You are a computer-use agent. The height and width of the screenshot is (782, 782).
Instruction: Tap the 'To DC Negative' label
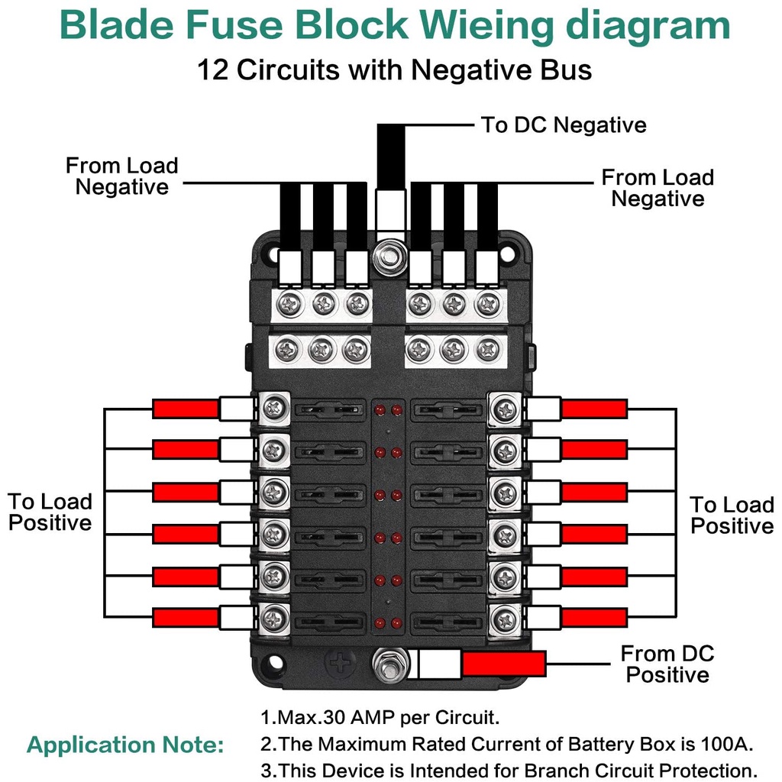[563, 125]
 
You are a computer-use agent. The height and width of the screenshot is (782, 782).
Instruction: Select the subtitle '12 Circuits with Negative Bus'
[394, 70]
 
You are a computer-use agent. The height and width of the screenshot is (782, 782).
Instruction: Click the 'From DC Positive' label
[667, 664]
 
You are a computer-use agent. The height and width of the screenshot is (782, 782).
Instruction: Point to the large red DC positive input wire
[503, 664]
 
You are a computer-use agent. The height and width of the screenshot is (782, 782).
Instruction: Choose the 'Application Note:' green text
[125, 745]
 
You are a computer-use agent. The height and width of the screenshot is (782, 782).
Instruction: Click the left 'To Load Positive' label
[50, 512]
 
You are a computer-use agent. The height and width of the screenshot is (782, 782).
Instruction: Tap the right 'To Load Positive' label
[732, 515]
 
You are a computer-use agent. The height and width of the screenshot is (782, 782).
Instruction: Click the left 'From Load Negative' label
[121, 176]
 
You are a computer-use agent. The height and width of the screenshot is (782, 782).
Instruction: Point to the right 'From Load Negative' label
[658, 188]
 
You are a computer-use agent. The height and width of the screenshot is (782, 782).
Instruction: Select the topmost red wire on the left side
[186, 409]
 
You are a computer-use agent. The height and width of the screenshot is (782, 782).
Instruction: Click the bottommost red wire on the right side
[594, 618]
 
